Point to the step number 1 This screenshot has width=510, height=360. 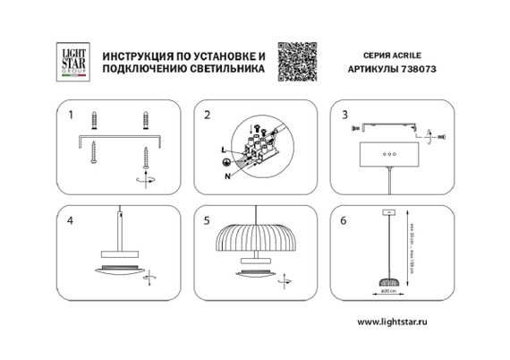point(70,116)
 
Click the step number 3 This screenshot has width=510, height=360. point(344,116)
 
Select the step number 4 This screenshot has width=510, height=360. point(70,219)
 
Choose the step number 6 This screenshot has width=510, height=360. point(344,219)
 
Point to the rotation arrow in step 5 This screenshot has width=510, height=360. point(284,282)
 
